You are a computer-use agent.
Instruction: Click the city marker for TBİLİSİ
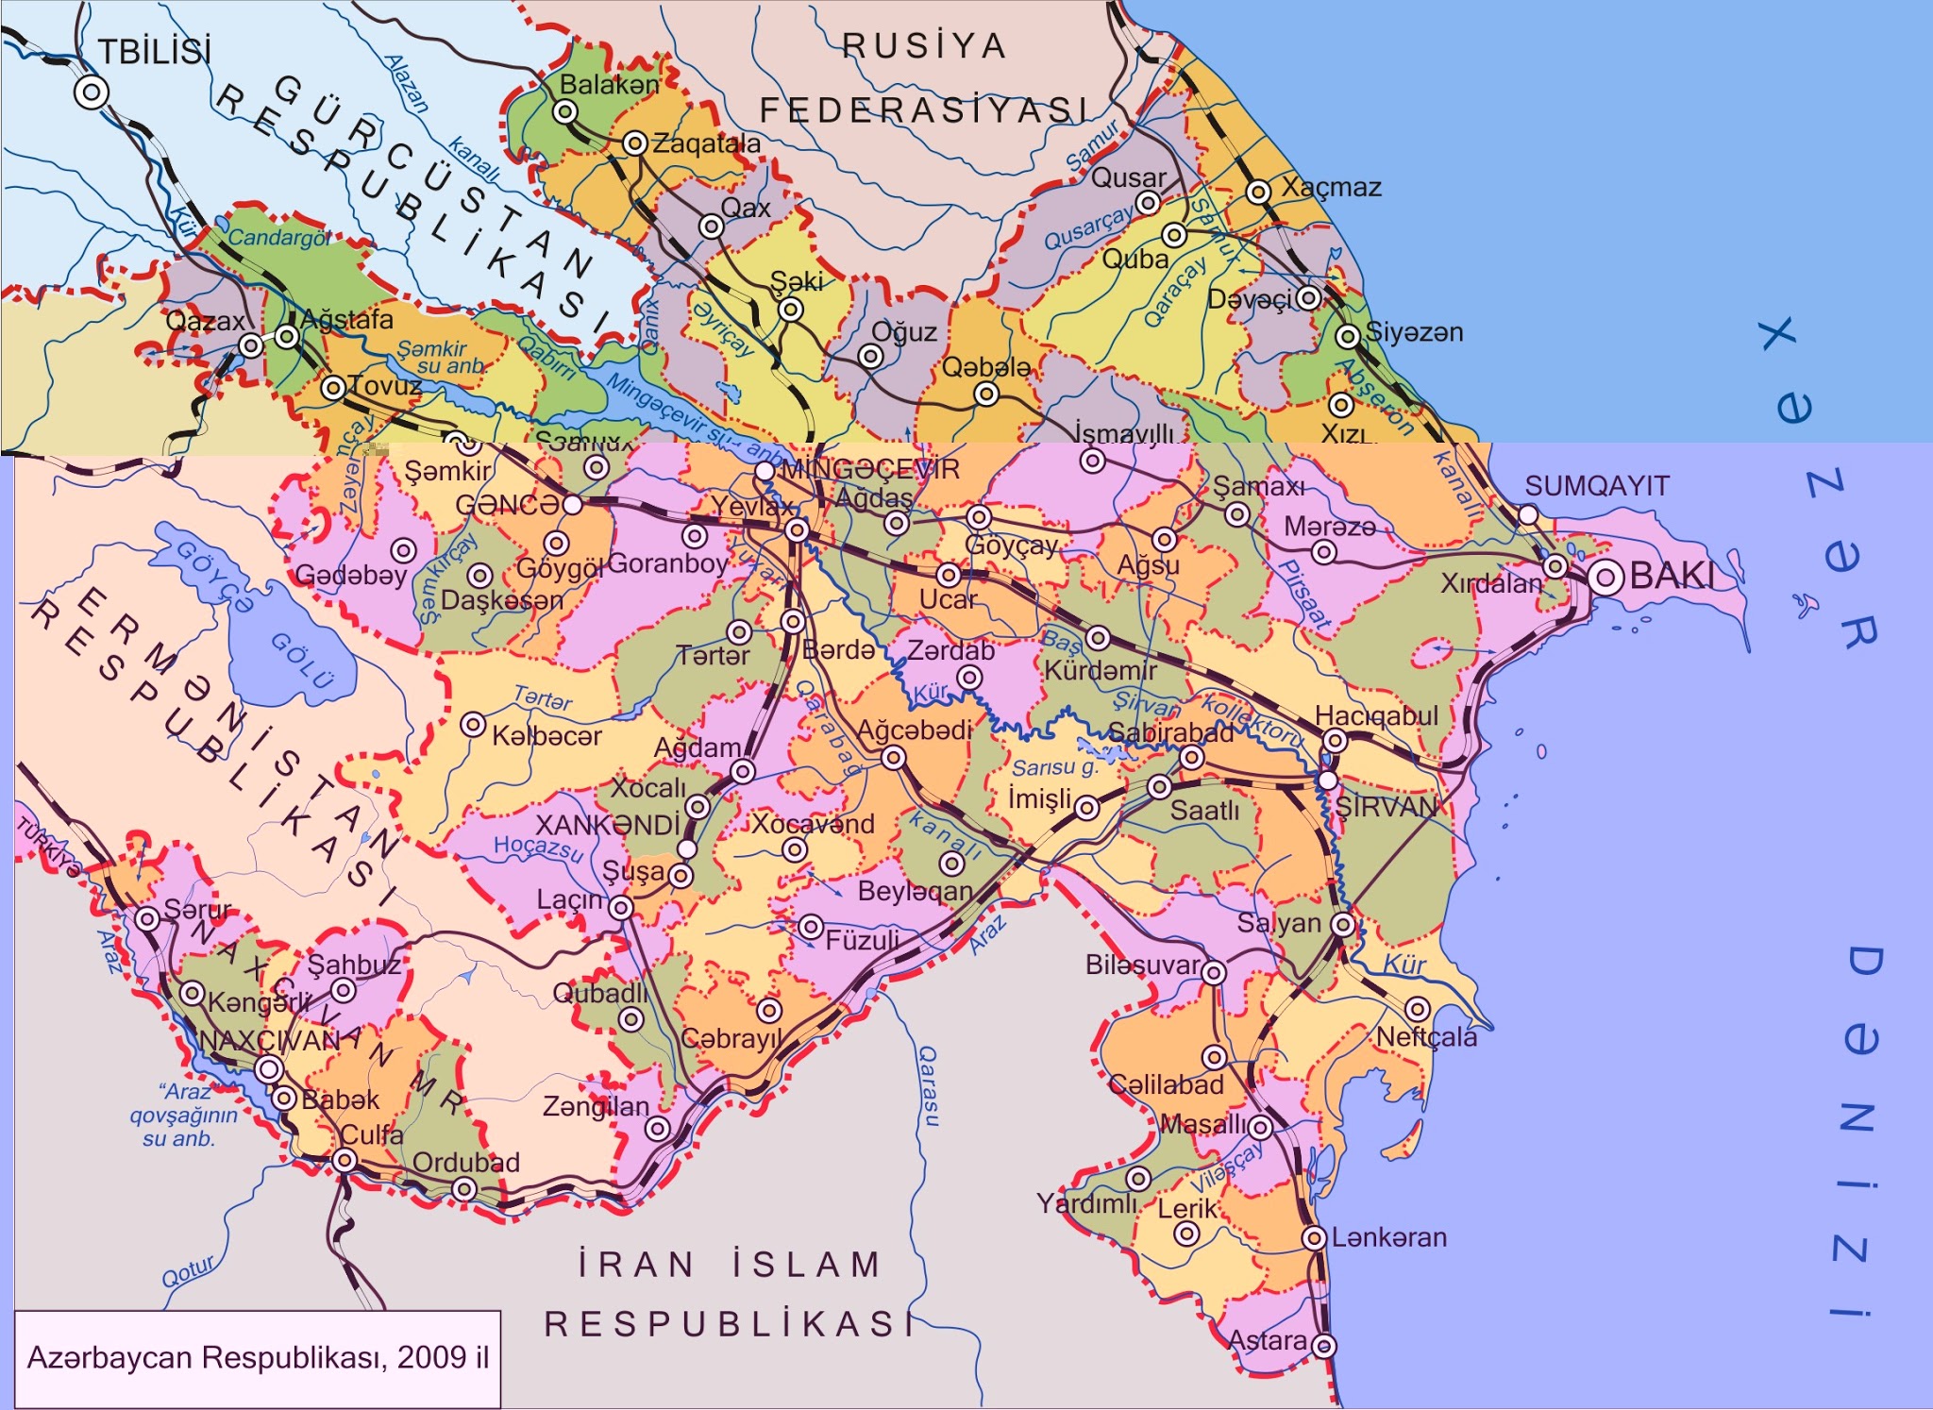(91, 92)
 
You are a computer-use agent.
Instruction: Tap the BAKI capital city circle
(1605, 577)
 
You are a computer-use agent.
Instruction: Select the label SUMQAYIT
(1596, 486)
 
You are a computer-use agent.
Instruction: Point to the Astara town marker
(1324, 1345)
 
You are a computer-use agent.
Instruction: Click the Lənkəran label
(1388, 1236)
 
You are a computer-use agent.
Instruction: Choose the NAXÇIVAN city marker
(269, 1069)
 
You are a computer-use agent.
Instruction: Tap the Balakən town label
(609, 85)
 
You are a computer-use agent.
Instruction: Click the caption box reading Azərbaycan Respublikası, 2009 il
(258, 1358)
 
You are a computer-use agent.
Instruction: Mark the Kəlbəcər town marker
(473, 725)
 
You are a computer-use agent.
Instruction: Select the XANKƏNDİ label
(607, 825)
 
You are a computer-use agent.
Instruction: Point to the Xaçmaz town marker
(1258, 192)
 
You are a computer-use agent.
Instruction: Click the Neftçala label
(1426, 1037)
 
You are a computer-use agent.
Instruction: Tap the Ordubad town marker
(463, 1188)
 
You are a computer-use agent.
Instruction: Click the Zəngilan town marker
(658, 1128)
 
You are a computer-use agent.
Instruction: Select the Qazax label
(205, 321)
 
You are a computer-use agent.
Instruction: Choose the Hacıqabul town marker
(1334, 741)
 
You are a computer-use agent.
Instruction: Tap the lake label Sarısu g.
(1055, 767)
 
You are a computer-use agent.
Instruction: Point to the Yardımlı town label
(1086, 1203)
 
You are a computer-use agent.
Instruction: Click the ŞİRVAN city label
(1386, 806)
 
